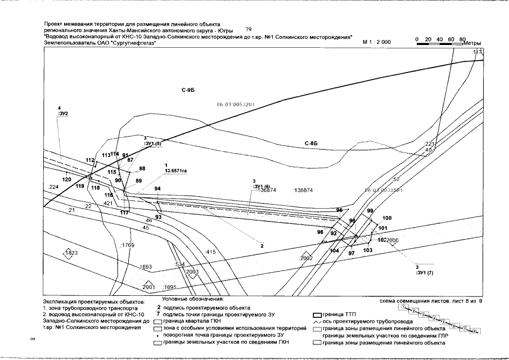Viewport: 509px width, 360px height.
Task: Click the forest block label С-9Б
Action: tap(188, 91)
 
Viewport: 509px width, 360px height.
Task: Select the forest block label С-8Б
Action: tap(312, 145)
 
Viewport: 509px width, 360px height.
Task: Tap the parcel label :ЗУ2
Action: tap(62, 114)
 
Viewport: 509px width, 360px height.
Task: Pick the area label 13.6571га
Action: tap(175, 169)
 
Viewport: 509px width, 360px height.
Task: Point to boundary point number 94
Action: tap(157, 188)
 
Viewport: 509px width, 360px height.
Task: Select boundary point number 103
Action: tap(368, 250)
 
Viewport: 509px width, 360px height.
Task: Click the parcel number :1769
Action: tap(128, 245)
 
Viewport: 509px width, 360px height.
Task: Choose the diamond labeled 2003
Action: tap(192, 272)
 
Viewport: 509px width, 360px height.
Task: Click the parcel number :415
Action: tap(211, 251)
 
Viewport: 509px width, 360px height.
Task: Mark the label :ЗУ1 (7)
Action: tap(423, 272)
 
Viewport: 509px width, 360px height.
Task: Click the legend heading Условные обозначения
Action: tap(193, 299)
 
